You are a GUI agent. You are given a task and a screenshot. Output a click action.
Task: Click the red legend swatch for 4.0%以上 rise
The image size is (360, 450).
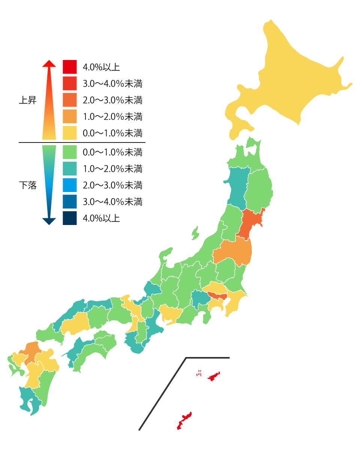pyautogui.click(x=70, y=67)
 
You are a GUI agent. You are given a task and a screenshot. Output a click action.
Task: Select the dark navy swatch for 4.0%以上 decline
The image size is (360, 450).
pyautogui.click(x=70, y=218)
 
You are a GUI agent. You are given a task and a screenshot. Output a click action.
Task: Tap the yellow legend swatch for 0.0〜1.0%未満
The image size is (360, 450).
pyautogui.click(x=70, y=133)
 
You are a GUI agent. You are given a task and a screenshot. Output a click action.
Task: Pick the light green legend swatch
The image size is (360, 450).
pyautogui.click(x=70, y=152)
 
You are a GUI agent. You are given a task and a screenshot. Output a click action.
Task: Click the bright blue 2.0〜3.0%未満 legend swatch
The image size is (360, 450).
pyautogui.click(x=70, y=185)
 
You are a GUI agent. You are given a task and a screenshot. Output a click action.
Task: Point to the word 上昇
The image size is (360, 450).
pyautogui.click(x=28, y=100)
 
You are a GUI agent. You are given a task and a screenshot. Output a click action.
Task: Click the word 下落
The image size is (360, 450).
pyautogui.click(x=28, y=185)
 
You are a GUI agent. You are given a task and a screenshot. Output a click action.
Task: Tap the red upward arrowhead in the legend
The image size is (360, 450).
pyautogui.click(x=49, y=64)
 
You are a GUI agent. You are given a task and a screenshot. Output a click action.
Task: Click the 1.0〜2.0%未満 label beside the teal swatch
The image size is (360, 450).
pyautogui.click(x=112, y=169)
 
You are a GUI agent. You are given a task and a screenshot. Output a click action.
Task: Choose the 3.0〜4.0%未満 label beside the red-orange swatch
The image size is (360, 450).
pyautogui.click(x=112, y=84)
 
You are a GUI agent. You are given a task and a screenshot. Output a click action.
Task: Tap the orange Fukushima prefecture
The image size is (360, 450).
pyautogui.click(x=232, y=253)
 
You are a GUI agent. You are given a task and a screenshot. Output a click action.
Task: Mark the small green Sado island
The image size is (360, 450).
pyautogui.click(x=195, y=233)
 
